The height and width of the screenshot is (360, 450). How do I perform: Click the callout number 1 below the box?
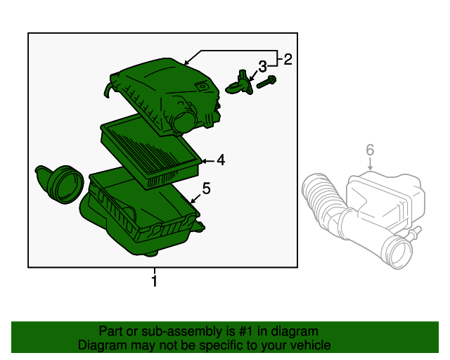pyautogui.click(x=154, y=281)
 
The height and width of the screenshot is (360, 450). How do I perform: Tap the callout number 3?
pyautogui.click(x=262, y=66)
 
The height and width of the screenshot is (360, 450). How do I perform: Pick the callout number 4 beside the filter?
pyautogui.click(x=220, y=160)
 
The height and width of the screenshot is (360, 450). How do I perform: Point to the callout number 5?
pyautogui.click(x=206, y=188)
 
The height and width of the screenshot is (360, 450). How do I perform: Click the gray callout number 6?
pyautogui.click(x=370, y=149)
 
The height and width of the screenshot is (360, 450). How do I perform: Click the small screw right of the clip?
pyautogui.click(x=266, y=83)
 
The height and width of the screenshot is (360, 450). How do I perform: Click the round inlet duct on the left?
pyautogui.click(x=60, y=184)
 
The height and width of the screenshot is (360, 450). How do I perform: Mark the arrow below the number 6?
pyautogui.click(x=370, y=166)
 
